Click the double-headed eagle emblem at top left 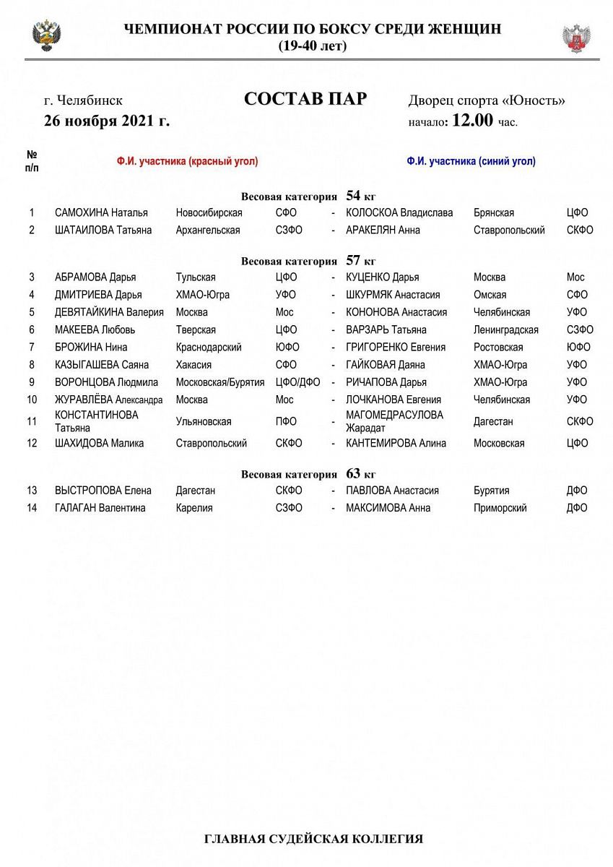46,36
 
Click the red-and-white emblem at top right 576,38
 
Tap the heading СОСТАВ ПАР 305,99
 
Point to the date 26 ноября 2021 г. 107,121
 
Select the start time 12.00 472,121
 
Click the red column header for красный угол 187,162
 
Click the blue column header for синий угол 471,162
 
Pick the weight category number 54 353,196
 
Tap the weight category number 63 353,474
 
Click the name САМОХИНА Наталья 101,213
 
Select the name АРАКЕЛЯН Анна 383,230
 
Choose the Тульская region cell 196,277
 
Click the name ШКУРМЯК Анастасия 393,295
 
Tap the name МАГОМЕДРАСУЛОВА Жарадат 394,421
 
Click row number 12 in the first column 32,444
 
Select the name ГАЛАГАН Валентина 100,508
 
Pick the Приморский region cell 500,508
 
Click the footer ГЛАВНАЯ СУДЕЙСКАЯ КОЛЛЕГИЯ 313,839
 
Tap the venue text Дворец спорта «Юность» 487,100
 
